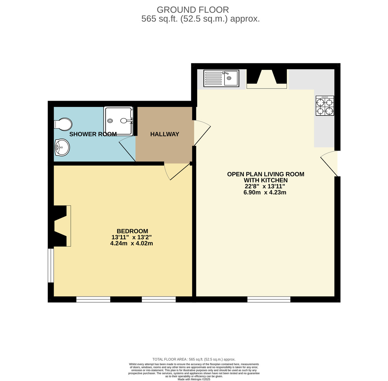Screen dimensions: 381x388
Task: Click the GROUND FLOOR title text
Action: click(193, 10)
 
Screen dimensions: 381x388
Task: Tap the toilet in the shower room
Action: click(63, 124)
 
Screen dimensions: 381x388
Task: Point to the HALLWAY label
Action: click(165, 134)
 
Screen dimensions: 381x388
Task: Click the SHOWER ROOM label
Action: click(93, 134)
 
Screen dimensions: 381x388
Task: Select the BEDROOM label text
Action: click(132, 231)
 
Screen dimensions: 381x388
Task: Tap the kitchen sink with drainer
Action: click(221, 78)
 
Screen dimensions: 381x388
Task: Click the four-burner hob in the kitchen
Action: click(325, 106)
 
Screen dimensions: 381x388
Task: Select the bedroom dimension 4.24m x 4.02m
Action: click(131, 243)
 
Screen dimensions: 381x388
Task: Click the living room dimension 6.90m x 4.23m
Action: click(265, 193)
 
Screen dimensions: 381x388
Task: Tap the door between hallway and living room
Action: click(201, 133)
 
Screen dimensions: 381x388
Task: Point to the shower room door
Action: click(128, 149)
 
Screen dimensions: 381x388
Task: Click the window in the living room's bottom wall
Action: click(269, 299)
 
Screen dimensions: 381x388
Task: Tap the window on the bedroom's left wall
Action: click(51, 265)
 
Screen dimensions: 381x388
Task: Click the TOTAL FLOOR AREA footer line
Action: click(194, 359)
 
